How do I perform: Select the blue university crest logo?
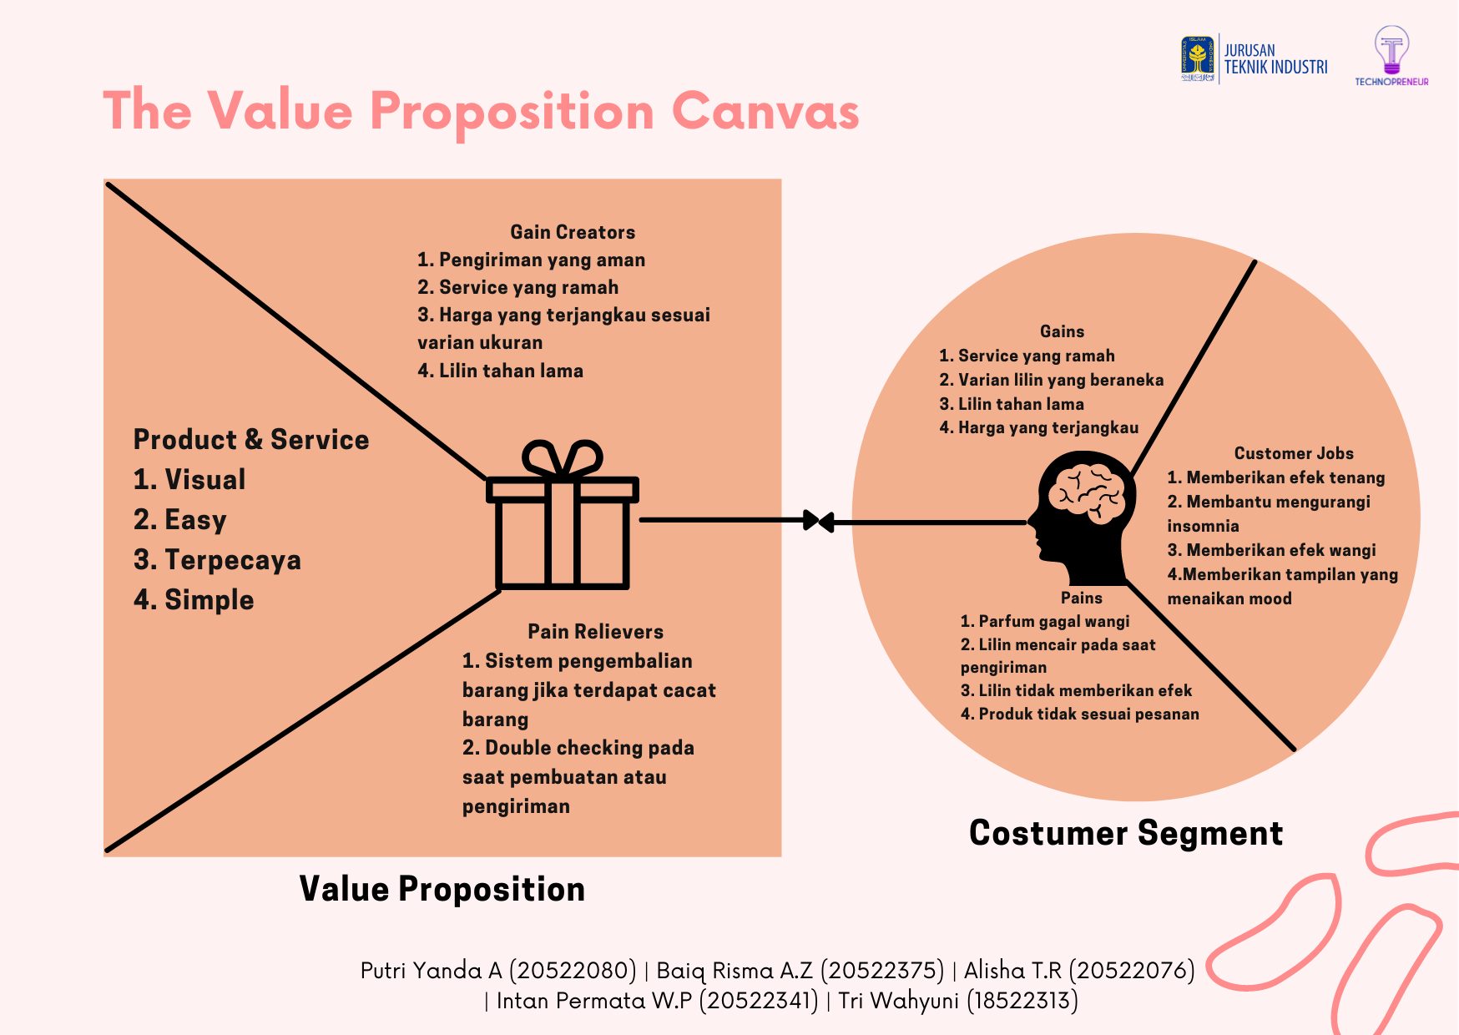tap(1198, 58)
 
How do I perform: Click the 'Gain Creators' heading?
tap(573, 232)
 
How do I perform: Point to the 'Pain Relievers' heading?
tap(595, 632)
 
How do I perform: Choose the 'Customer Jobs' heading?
tap(1294, 453)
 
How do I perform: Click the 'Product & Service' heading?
tap(251, 439)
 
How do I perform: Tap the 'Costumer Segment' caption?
tap(1126, 833)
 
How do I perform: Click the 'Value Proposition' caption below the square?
tap(442, 889)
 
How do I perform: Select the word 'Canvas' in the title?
tap(765, 111)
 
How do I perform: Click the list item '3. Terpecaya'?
tap(217, 560)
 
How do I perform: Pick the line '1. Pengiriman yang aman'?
tap(531, 260)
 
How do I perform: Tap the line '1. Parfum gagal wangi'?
tap(1045, 621)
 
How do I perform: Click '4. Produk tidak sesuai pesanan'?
tap(1079, 714)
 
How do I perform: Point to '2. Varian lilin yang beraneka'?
tap(1051, 380)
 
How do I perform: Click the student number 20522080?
tap(573, 970)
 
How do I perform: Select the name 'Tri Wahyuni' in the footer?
tap(898, 1000)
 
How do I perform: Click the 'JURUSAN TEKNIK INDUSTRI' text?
tap(1275, 59)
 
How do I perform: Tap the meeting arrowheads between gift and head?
tap(818, 522)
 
